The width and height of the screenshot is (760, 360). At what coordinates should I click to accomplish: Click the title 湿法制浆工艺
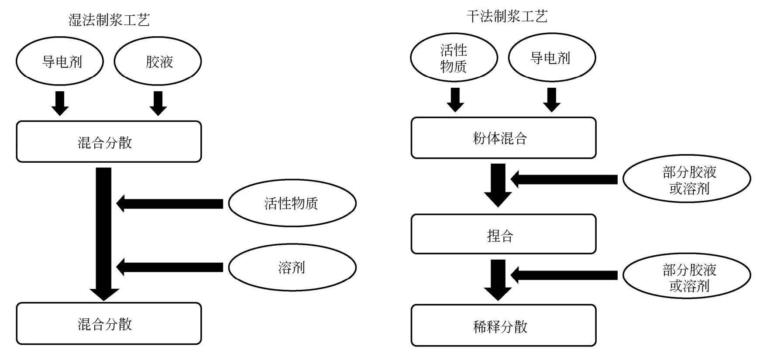pyautogui.click(x=109, y=20)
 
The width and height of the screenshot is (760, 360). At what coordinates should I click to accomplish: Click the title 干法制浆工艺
pyautogui.click(x=507, y=17)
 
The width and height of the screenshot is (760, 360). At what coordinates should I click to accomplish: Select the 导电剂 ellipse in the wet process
pyautogui.click(x=60, y=61)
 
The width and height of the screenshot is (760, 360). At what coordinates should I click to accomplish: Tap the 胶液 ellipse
pyautogui.click(x=158, y=61)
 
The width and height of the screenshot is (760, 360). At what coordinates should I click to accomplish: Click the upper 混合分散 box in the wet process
pyautogui.click(x=109, y=142)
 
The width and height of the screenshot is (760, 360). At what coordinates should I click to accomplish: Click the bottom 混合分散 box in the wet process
pyautogui.click(x=109, y=323)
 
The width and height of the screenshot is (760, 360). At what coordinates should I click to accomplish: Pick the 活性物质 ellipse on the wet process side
pyautogui.click(x=292, y=203)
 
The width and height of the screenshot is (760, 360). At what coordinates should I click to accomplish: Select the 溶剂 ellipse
pyautogui.click(x=292, y=267)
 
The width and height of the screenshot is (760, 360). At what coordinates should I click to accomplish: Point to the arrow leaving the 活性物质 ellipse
pyautogui.click(x=170, y=203)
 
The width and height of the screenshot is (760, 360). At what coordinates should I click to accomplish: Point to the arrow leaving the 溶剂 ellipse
pyautogui.click(x=170, y=267)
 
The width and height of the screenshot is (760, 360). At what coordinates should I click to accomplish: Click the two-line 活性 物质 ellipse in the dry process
pyautogui.click(x=454, y=58)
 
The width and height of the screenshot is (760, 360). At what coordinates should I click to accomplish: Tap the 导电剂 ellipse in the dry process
pyautogui.click(x=552, y=58)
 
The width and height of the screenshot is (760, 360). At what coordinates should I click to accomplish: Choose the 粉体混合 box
pyautogui.click(x=503, y=138)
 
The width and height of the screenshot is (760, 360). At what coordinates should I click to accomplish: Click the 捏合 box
pyautogui.click(x=503, y=234)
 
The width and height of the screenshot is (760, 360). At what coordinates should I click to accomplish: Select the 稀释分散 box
pyautogui.click(x=503, y=326)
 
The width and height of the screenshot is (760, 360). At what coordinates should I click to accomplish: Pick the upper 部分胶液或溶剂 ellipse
pyautogui.click(x=686, y=179)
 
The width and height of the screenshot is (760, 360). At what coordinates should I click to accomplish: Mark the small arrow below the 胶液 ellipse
pyautogui.click(x=158, y=103)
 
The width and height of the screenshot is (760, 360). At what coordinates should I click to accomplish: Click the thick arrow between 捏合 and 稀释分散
pyautogui.click(x=498, y=279)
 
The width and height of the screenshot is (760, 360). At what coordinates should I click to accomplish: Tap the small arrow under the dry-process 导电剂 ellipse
pyautogui.click(x=552, y=99)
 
